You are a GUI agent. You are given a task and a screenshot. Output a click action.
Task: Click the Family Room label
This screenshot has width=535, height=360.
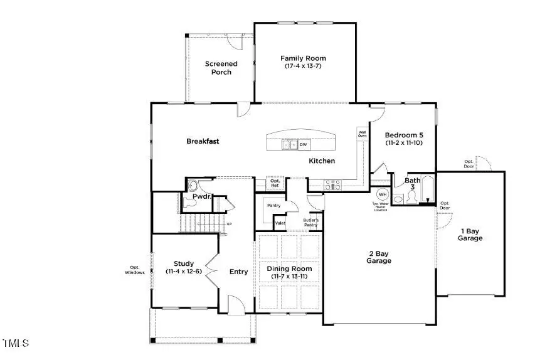click(303, 58)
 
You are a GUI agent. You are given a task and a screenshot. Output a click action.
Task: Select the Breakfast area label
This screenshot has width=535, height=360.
click(203, 141)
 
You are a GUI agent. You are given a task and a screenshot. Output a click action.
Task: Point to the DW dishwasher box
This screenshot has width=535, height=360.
click(303, 145)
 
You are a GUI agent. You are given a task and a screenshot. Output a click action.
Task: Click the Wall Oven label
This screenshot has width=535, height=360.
click(362, 134)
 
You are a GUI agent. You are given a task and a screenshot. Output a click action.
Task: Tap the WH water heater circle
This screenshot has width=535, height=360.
click(383, 194)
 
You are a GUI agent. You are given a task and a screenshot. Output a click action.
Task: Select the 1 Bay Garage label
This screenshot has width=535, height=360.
click(470, 234)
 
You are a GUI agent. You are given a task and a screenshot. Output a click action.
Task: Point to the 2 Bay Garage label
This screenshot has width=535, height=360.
click(379, 257)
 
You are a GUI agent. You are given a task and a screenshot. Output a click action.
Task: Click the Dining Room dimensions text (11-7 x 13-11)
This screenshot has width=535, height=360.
click(291, 277)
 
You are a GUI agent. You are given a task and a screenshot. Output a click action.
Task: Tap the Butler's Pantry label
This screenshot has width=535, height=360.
click(311, 222)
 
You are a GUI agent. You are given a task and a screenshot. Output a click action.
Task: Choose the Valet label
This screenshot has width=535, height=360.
click(280, 222)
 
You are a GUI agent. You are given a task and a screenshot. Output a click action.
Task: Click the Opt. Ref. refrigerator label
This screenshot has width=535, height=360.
click(276, 183)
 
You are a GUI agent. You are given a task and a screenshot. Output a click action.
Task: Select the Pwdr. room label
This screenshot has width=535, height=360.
click(201, 196)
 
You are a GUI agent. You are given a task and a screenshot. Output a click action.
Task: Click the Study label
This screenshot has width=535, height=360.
click(184, 263)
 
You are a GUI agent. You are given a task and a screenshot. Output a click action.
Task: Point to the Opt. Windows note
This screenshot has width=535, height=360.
click(134, 270)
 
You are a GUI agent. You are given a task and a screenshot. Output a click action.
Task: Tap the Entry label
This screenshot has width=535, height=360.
click(238, 272)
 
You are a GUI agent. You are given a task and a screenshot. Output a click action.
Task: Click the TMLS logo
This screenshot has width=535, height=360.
click(16, 343)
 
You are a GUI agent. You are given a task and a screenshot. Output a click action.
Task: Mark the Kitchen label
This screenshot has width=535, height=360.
click(321, 161)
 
